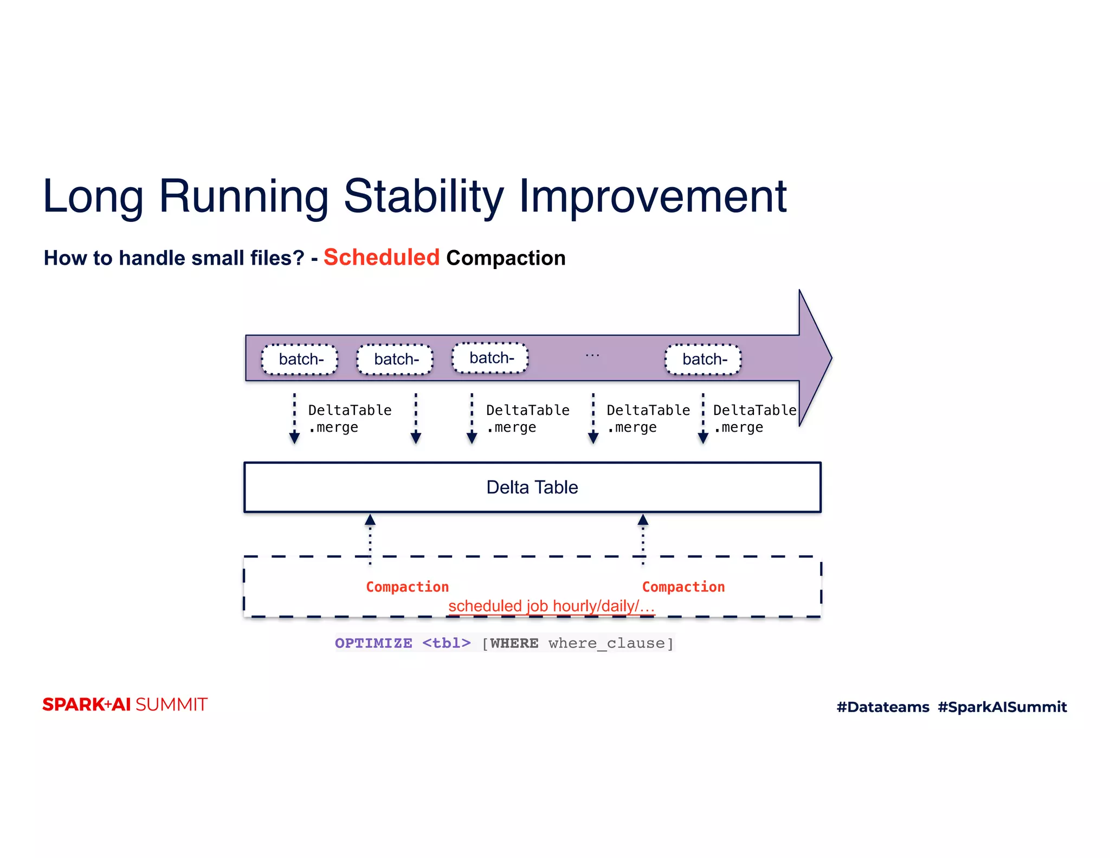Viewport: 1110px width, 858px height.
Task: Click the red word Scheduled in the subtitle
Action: tap(381, 258)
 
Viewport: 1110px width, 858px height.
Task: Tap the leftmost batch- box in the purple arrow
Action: tap(300, 359)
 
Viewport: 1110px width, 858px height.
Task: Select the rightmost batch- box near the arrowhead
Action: tap(703, 359)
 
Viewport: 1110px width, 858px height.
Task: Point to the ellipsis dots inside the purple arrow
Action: tap(592, 355)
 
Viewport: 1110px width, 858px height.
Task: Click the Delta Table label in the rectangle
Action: tap(532, 487)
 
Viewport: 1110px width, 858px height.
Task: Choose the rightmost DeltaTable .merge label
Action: tap(754, 418)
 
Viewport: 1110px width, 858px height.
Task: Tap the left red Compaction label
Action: tap(407, 587)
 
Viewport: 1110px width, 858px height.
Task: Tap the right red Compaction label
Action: tap(683, 587)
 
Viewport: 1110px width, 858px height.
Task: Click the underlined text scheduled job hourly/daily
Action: tap(551, 606)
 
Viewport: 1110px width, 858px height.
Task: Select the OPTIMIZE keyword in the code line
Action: tap(373, 643)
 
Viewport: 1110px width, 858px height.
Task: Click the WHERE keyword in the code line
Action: tap(514, 643)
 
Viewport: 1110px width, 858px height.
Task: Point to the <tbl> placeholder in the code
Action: tap(446, 643)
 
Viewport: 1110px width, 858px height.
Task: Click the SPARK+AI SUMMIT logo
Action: tap(125, 705)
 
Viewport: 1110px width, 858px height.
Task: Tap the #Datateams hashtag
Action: tap(882, 707)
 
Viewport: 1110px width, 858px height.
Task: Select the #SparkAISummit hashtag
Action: tap(1002, 707)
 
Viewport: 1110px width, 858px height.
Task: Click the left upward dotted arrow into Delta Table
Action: tap(370, 539)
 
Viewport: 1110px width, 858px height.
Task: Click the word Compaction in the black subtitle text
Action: tap(505, 258)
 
